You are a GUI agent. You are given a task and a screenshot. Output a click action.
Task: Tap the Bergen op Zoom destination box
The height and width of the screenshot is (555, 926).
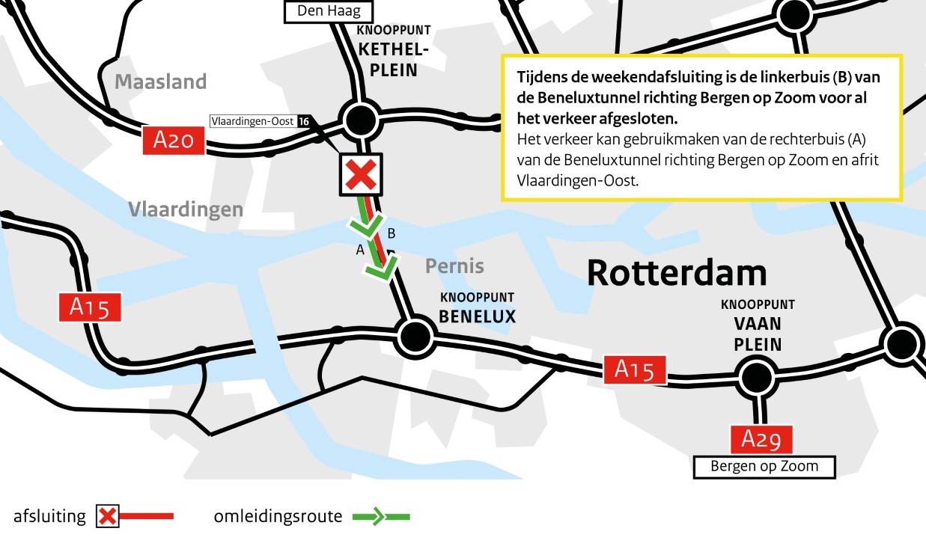pyautogui.click(x=764, y=467)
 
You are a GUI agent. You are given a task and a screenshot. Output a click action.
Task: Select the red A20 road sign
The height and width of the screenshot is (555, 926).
pyautogui.click(x=174, y=141)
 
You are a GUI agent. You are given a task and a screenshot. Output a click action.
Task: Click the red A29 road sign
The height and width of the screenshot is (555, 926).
pyautogui.click(x=761, y=440)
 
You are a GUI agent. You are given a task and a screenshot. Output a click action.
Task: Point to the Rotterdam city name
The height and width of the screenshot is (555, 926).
pyautogui.click(x=677, y=273)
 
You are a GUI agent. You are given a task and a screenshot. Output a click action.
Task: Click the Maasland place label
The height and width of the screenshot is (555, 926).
pyautogui.click(x=160, y=82)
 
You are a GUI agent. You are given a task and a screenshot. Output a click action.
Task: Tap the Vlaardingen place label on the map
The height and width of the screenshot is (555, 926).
pyautogui.click(x=186, y=209)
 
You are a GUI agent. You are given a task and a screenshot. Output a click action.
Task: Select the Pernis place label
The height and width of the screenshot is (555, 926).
pyautogui.click(x=454, y=266)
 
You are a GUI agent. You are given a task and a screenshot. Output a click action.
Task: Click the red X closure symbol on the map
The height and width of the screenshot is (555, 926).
pyautogui.click(x=362, y=175)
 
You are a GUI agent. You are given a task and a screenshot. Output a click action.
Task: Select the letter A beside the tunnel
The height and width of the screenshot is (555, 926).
pyautogui.click(x=359, y=251)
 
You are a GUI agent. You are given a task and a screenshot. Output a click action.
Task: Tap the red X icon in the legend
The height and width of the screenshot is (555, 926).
pyautogui.click(x=108, y=516)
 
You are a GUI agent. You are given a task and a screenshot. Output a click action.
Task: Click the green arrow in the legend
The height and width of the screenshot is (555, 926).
pyautogui.click(x=381, y=516)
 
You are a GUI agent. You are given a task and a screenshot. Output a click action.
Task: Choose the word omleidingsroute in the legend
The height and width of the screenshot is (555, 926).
pyautogui.click(x=278, y=516)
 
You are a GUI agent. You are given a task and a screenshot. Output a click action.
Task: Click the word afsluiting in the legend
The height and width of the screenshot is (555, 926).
pyautogui.click(x=49, y=516)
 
